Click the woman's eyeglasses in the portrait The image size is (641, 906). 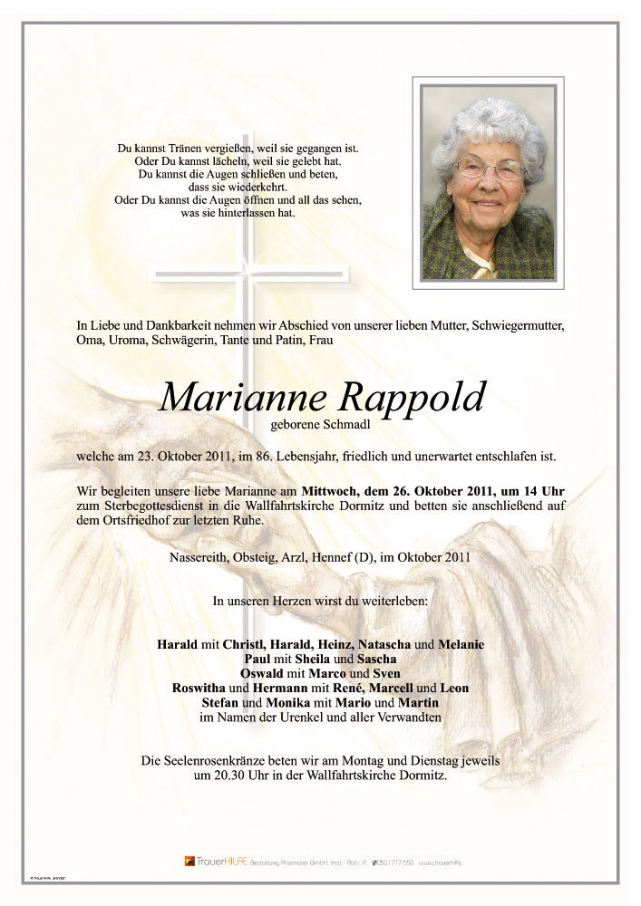(x=490, y=169)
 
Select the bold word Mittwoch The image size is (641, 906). (x=339, y=490)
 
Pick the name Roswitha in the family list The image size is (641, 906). (x=201, y=689)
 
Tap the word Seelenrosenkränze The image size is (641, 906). (x=215, y=762)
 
